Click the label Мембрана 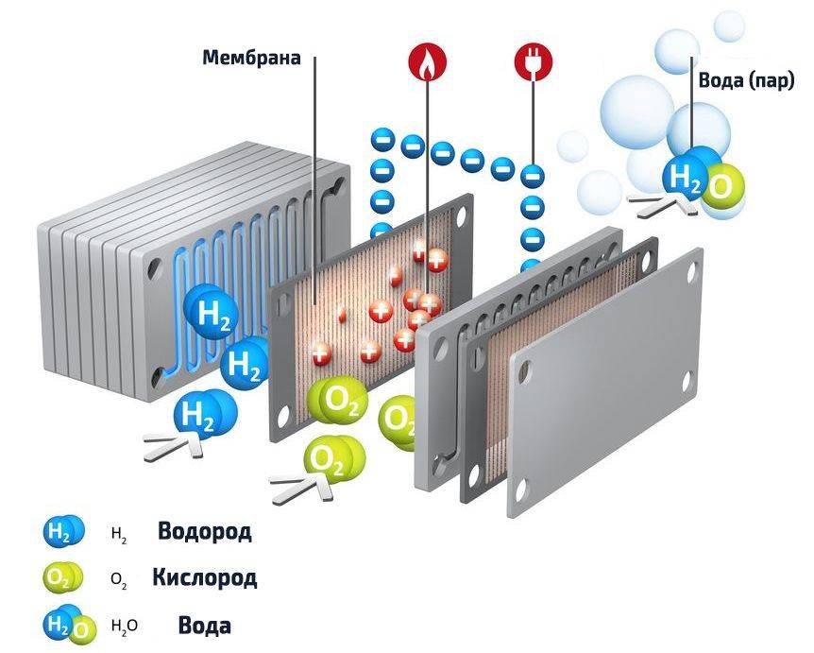pos(251,57)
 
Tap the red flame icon pos(427,61)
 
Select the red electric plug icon pos(534,61)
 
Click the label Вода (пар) pos(747,80)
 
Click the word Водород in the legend pos(205,531)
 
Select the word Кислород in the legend pos(205,577)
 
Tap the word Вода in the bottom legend pos(205,625)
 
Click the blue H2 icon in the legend pos(63,531)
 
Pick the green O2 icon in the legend pos(63,577)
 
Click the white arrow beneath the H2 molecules pos(174,447)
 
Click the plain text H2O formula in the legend pos(125,626)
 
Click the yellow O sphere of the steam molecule pos(723,188)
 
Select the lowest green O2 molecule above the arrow pos(333,460)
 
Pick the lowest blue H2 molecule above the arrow pos(205,414)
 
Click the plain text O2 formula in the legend pos(119,579)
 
